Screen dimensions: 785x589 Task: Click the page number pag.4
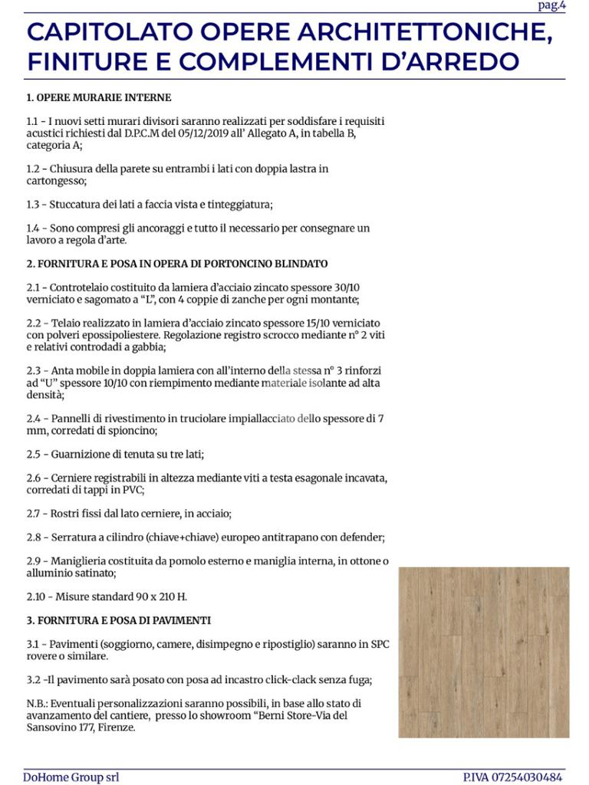pos(551,6)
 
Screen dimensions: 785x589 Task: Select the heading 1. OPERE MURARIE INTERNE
pos(98,98)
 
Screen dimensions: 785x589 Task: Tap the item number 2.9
pos(34,560)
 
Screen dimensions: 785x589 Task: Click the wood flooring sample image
pos(484,652)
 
